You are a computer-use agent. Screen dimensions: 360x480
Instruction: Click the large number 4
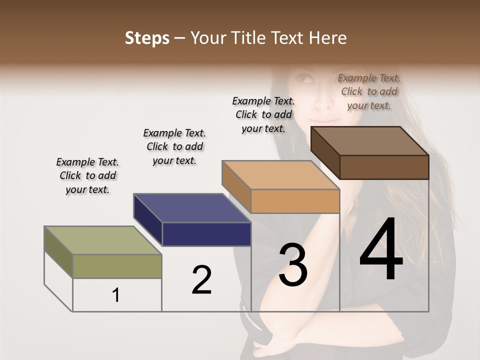(381, 250)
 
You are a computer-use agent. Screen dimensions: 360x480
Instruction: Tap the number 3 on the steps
(293, 265)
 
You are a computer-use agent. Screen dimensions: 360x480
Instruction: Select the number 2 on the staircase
(201, 279)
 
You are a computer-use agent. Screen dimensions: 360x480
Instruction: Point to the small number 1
(116, 295)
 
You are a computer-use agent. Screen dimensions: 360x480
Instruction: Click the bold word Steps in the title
(147, 38)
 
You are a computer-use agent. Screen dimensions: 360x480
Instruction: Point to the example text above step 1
(87, 175)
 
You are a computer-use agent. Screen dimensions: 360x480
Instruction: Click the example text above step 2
(174, 146)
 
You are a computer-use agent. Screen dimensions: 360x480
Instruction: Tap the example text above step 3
(263, 114)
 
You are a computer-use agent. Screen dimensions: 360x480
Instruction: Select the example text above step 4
(369, 91)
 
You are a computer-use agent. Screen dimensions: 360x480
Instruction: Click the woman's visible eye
(306, 79)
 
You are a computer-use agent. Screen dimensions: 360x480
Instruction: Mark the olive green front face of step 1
(117, 265)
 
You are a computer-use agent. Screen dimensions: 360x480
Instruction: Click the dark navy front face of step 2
(206, 234)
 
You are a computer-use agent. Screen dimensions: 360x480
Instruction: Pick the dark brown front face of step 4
(384, 167)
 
